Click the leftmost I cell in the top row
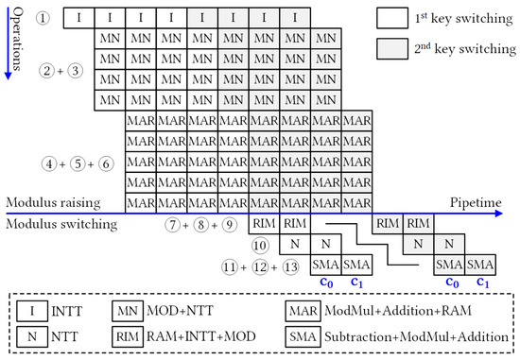pos(79,18)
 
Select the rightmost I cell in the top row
pos(296,18)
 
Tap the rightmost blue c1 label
pos(481,283)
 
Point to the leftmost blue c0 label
pos(326,283)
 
